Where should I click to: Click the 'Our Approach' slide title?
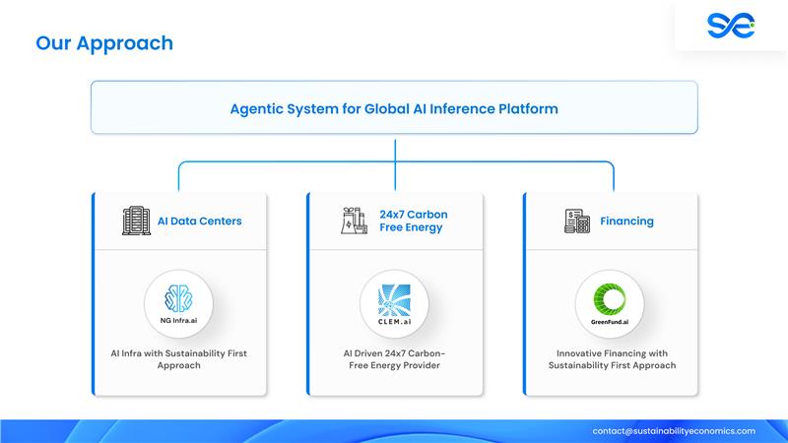pos(104,43)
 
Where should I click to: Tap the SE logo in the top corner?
pos(730,26)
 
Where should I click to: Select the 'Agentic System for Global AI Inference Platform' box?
pos(394,108)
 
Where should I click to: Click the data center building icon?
pos(136,221)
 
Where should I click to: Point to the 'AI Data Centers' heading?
pos(199,221)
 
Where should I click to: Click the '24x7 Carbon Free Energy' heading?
pos(412,221)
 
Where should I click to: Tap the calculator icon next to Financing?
pos(576,221)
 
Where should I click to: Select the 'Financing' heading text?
pos(626,221)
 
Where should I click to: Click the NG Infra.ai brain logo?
pos(178,300)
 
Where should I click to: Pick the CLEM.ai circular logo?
pos(393,300)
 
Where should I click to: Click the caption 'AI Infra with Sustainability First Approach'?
pos(178,358)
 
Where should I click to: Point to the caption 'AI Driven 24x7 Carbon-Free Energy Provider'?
pos(393,358)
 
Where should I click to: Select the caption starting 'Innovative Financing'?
pos(611,358)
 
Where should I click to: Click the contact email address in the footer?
pos(674,430)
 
